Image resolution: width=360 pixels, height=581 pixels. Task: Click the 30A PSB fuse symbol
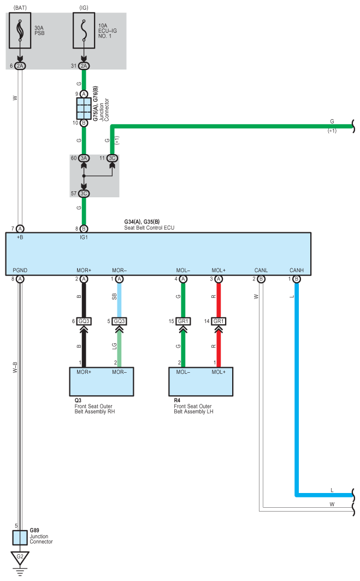click(20, 31)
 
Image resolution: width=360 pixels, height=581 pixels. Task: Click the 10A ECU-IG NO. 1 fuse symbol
click(84, 31)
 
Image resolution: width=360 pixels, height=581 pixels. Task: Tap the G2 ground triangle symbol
click(20, 557)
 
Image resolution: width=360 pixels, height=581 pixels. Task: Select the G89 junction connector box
click(20, 538)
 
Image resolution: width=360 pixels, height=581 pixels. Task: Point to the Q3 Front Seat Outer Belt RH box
click(102, 382)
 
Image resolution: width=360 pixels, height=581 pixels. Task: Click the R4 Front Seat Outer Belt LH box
click(200, 382)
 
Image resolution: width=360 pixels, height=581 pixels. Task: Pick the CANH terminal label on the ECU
click(296, 270)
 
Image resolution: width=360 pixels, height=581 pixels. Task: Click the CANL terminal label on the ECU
click(261, 270)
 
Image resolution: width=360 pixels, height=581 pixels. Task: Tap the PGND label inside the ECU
click(20, 270)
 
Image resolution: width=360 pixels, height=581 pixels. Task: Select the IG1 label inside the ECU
click(84, 237)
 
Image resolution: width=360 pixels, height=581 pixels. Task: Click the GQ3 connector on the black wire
click(84, 321)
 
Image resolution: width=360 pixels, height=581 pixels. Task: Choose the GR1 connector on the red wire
click(219, 321)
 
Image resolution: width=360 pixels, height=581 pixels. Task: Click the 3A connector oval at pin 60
click(84, 158)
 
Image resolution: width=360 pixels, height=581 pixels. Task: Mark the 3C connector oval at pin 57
click(84, 193)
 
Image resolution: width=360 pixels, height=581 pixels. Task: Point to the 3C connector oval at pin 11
click(112, 158)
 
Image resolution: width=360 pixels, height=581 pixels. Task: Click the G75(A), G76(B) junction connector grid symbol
click(84, 109)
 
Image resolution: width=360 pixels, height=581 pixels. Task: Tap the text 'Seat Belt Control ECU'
click(149, 228)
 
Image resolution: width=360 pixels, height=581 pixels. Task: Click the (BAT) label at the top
click(20, 8)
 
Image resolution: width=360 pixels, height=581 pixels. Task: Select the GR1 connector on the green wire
click(183, 321)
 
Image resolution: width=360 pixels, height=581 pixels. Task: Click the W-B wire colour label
click(15, 368)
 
